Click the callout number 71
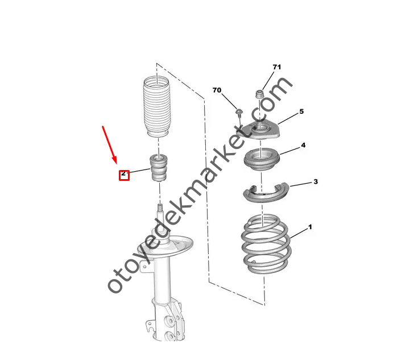click(276, 67)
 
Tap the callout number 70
click(217, 90)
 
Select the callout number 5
click(301, 111)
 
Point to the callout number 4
click(303, 145)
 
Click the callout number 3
click(316, 181)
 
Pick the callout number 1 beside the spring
click(310, 227)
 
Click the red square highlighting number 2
click(124, 175)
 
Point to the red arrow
click(109, 145)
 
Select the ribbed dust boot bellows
click(156, 106)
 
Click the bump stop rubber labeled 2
click(158, 167)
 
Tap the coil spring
click(266, 244)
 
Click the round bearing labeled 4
click(262, 160)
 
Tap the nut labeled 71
click(259, 94)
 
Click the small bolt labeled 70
click(239, 113)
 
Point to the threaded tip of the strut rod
click(159, 208)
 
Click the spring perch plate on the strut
click(165, 246)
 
